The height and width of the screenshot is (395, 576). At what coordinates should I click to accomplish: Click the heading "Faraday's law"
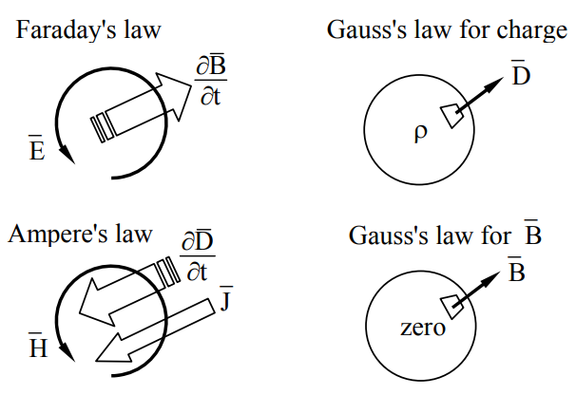tap(87, 29)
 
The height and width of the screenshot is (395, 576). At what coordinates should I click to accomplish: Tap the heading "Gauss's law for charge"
tap(447, 29)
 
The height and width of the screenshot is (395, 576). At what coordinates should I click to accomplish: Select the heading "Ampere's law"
tap(80, 234)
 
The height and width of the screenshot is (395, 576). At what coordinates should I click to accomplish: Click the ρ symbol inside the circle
tap(421, 132)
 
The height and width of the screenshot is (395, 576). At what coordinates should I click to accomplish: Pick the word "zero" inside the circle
tap(421, 329)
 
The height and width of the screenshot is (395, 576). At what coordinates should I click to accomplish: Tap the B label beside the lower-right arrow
tap(516, 273)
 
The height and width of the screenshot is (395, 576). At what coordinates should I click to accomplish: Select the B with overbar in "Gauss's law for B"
tap(532, 234)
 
